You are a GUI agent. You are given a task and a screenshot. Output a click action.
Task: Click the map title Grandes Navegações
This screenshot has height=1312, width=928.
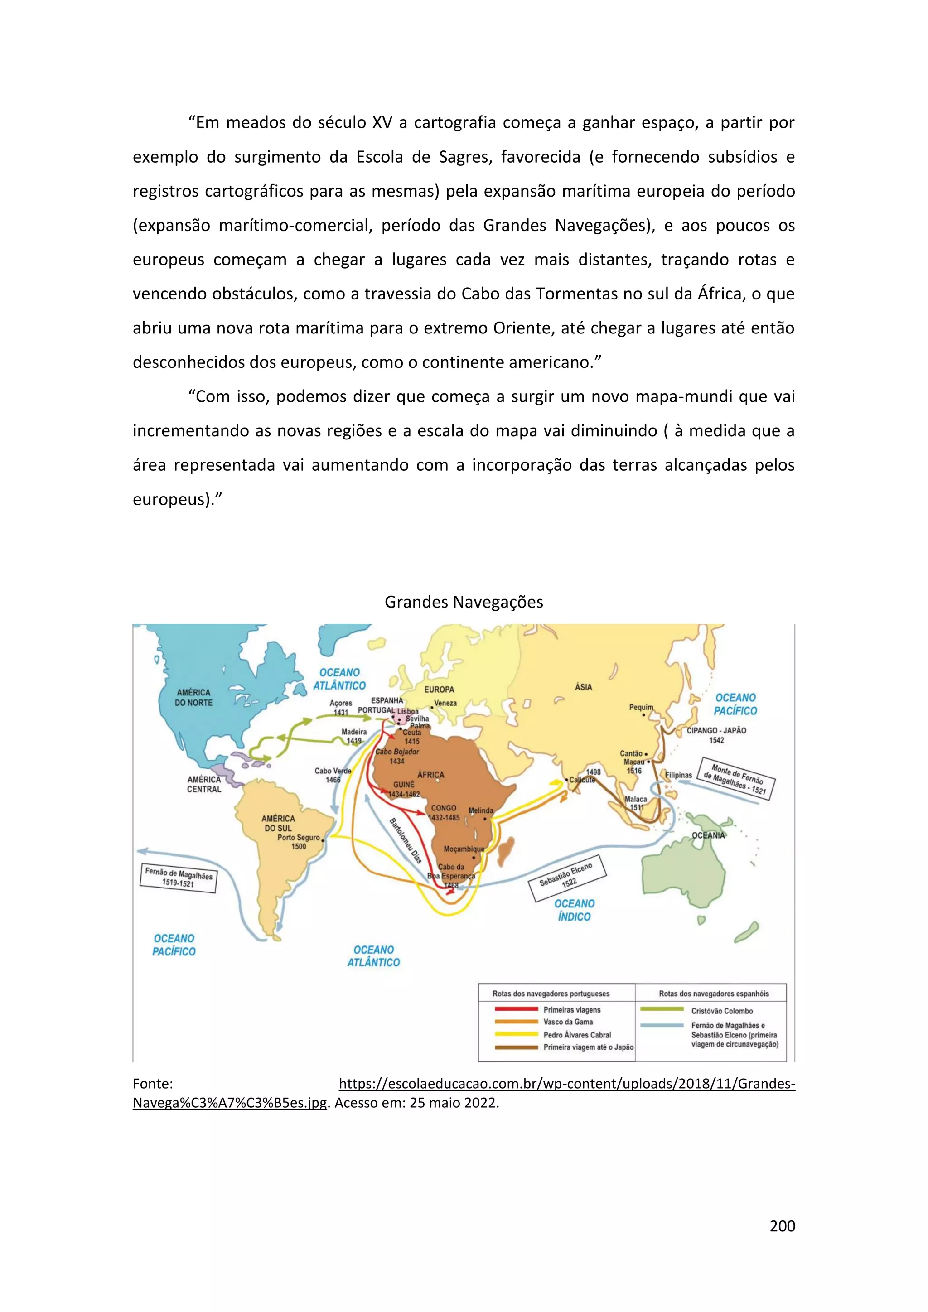(464, 602)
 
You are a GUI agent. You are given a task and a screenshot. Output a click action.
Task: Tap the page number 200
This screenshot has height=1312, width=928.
(782, 1226)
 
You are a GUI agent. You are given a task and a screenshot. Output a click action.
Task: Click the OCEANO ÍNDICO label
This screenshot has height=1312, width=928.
(574, 910)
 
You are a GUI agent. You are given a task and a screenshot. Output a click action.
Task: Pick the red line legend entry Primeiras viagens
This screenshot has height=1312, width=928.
(571, 1010)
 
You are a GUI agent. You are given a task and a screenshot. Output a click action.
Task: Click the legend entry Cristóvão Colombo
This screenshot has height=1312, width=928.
(722, 1011)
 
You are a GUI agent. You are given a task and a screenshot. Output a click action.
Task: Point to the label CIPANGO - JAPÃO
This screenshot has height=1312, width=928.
(716, 730)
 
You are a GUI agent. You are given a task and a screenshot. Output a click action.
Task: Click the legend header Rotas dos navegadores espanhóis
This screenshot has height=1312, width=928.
(714, 994)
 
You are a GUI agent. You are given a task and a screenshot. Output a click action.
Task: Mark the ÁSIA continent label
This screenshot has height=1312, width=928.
(584, 687)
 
